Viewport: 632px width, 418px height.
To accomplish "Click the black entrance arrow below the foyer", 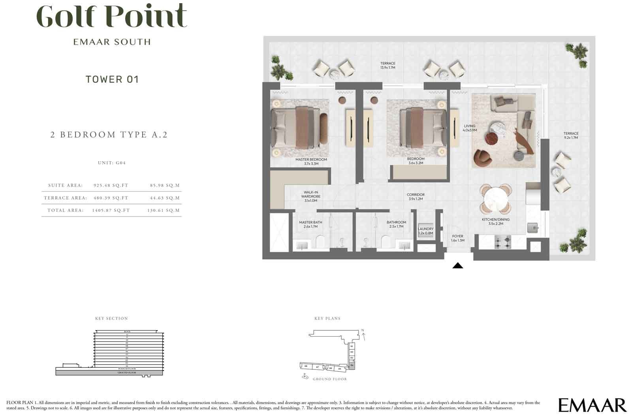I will tap(457, 266).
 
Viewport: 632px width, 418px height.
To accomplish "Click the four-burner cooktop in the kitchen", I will tap(503, 242).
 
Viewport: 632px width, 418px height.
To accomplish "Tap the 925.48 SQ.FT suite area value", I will tap(111, 185).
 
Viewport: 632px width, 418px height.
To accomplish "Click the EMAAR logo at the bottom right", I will tap(592, 405).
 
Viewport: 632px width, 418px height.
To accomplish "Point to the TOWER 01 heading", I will tap(112, 79).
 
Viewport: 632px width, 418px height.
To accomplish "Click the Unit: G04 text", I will tap(111, 163).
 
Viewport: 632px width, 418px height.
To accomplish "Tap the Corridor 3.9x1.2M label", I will tap(416, 197).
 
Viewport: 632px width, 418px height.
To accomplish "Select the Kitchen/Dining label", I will tap(495, 221).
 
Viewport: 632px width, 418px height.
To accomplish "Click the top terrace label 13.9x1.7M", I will tap(387, 65).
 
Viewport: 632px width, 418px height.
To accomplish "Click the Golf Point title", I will tap(111, 17).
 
